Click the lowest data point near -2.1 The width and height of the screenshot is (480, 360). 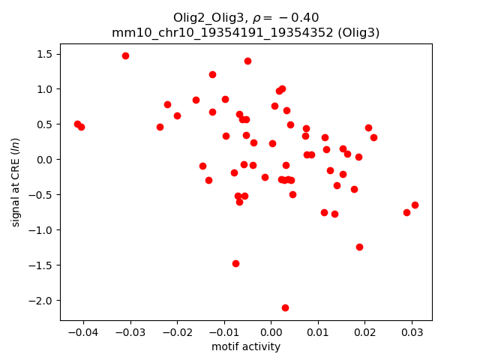(285, 307)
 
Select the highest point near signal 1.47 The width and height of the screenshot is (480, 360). (125, 55)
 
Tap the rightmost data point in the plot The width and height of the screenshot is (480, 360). (415, 205)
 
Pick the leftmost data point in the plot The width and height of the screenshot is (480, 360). (77, 124)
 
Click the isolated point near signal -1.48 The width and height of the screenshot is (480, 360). (235, 263)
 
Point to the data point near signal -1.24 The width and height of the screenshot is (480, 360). (359, 247)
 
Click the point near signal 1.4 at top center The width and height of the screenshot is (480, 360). (247, 61)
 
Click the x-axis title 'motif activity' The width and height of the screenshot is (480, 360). (246, 346)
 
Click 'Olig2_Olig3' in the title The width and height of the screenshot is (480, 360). (204, 17)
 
